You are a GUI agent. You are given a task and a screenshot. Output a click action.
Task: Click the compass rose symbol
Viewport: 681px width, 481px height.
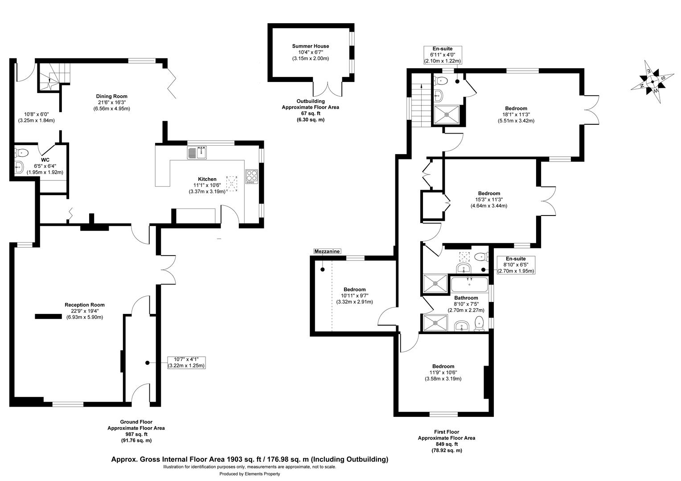coord(651,82)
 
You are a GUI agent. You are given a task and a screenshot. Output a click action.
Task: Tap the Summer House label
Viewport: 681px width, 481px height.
coord(311,46)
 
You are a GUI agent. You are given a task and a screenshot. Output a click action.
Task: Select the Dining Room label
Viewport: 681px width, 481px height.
coord(111,96)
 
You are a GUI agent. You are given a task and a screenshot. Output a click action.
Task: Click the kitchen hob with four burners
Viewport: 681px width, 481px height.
coord(251,176)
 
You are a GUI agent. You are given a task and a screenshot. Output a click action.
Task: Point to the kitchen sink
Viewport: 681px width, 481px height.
coord(197,153)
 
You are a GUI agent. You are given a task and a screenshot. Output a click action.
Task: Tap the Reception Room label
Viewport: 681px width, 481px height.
coord(85,305)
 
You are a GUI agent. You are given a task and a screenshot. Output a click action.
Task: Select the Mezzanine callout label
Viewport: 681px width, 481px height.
coord(328,252)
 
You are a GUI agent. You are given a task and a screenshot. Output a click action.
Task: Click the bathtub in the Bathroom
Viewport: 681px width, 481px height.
coord(469,284)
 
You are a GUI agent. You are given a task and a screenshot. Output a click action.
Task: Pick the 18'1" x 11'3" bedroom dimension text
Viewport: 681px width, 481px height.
coord(516,114)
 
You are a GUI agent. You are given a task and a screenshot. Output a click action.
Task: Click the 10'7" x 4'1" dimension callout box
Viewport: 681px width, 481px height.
coord(186,363)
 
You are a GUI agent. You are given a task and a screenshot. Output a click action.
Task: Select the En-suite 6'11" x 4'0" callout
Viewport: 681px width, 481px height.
coord(443,55)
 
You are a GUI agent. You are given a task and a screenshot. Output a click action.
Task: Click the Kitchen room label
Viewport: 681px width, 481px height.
coord(205,179)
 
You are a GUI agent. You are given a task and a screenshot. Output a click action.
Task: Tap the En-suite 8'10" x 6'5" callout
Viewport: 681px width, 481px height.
coord(516,265)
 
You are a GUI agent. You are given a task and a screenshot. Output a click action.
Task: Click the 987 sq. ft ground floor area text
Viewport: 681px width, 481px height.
coord(136,434)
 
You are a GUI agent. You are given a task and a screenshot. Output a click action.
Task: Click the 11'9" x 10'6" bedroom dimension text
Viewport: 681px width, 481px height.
coord(443,373)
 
